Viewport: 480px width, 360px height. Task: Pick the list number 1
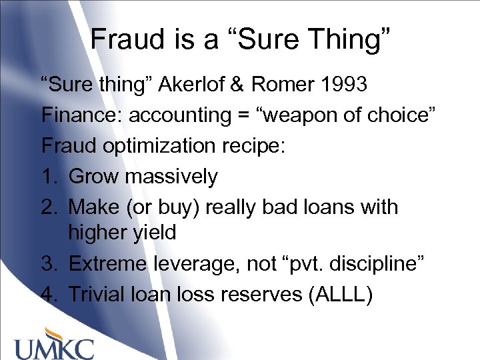(x=48, y=177)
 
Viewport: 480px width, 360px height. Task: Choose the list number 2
(x=49, y=207)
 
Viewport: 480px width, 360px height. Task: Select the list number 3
(x=49, y=263)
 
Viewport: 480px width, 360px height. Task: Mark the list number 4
(x=49, y=294)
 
